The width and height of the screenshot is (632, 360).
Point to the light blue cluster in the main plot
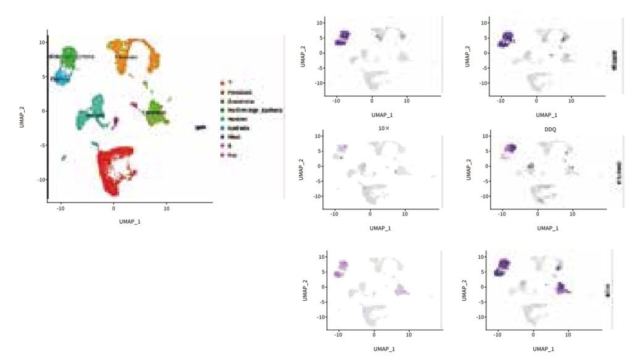[x=62, y=78]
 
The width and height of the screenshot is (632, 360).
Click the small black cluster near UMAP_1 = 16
[x=201, y=127]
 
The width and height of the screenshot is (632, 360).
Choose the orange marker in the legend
[x=223, y=91]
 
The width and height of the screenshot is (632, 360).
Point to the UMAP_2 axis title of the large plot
[x=23, y=114]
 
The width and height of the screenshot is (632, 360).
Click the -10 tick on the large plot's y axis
[x=41, y=180]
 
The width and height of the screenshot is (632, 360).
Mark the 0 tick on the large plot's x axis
[x=114, y=209]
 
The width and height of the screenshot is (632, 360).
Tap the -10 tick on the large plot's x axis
[x=60, y=209]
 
